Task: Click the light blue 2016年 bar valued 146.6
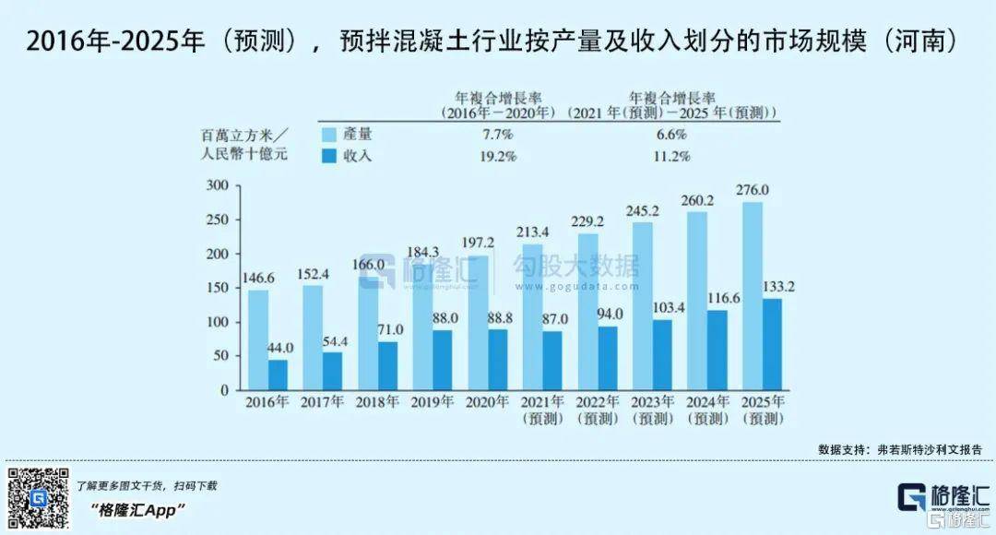pos(258,339)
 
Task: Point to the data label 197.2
pos(478,242)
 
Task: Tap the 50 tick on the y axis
pos(219,355)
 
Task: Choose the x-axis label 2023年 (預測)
pos(654,410)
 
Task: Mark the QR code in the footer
pos(38,498)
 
